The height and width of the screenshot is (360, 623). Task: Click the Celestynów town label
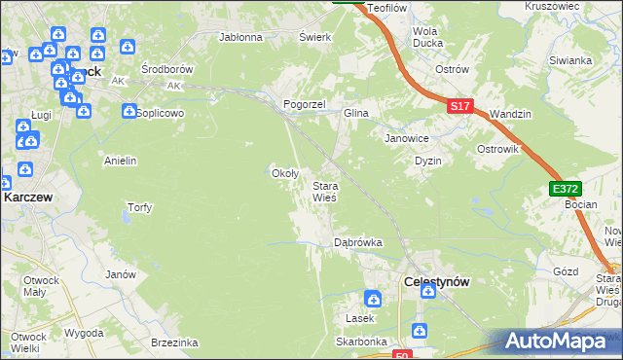click(x=436, y=281)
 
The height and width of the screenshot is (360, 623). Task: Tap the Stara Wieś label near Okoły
click(x=324, y=191)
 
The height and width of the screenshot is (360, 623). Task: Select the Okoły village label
click(x=283, y=173)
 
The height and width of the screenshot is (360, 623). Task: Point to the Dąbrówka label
click(x=357, y=241)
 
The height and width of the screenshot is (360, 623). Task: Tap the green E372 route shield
click(x=564, y=188)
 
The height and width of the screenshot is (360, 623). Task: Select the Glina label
click(x=355, y=114)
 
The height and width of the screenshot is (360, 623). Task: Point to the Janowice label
click(x=406, y=138)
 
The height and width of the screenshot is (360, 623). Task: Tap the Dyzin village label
click(x=428, y=161)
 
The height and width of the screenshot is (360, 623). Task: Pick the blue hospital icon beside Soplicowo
click(x=129, y=112)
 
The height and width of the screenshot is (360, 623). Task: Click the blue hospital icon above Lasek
click(x=373, y=299)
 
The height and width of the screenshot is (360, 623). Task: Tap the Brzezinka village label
click(x=175, y=342)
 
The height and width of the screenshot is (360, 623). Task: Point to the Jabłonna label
click(x=241, y=38)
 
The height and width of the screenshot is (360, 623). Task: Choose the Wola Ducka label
click(x=428, y=37)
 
